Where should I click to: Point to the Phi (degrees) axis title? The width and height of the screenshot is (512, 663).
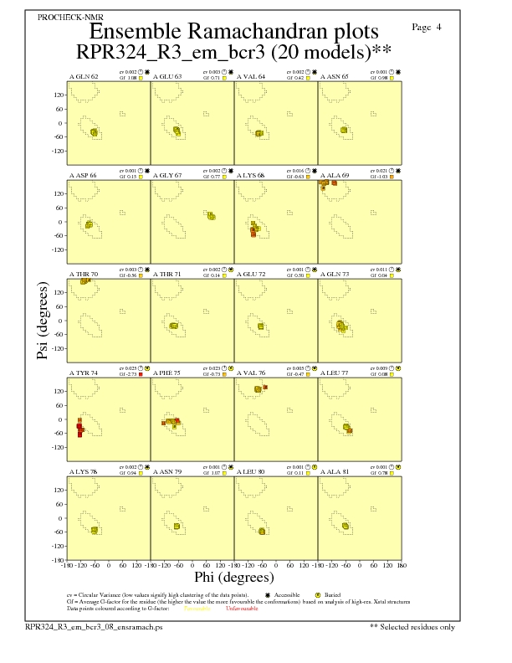(x=234, y=577)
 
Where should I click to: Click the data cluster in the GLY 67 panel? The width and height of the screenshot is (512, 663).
(x=212, y=216)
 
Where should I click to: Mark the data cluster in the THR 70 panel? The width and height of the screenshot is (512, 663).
(x=85, y=281)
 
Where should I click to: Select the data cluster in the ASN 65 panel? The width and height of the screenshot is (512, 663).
(x=345, y=130)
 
